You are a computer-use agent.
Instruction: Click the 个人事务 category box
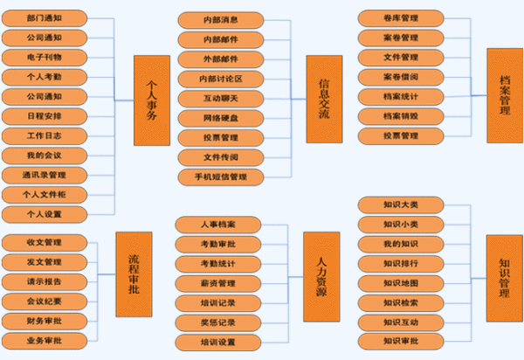(x=151, y=100)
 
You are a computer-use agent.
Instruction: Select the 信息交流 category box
(x=323, y=99)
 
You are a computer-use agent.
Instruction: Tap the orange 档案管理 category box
(x=504, y=93)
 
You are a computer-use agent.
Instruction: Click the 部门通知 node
(x=44, y=17)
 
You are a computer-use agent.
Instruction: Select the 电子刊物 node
(x=44, y=57)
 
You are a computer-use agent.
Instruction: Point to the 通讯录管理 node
(x=44, y=175)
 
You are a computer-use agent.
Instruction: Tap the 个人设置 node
(x=44, y=214)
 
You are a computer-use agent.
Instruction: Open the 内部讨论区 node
(x=220, y=79)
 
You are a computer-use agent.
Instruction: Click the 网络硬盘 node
(x=220, y=118)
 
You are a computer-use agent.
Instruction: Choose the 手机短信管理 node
(x=220, y=177)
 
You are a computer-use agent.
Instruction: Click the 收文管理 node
(x=44, y=242)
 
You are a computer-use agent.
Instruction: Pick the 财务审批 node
(x=44, y=321)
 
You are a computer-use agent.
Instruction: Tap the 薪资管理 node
(x=217, y=283)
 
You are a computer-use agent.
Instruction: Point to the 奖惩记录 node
(x=217, y=322)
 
